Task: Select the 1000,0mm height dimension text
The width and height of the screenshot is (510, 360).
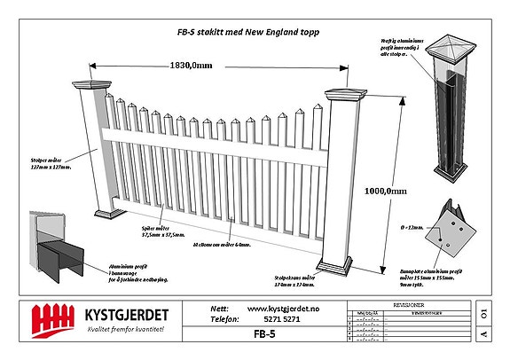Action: pos(385,190)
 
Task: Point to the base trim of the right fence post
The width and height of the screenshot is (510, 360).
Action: pos(340,265)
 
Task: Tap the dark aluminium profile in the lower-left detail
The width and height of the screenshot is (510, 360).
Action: pos(57,255)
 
